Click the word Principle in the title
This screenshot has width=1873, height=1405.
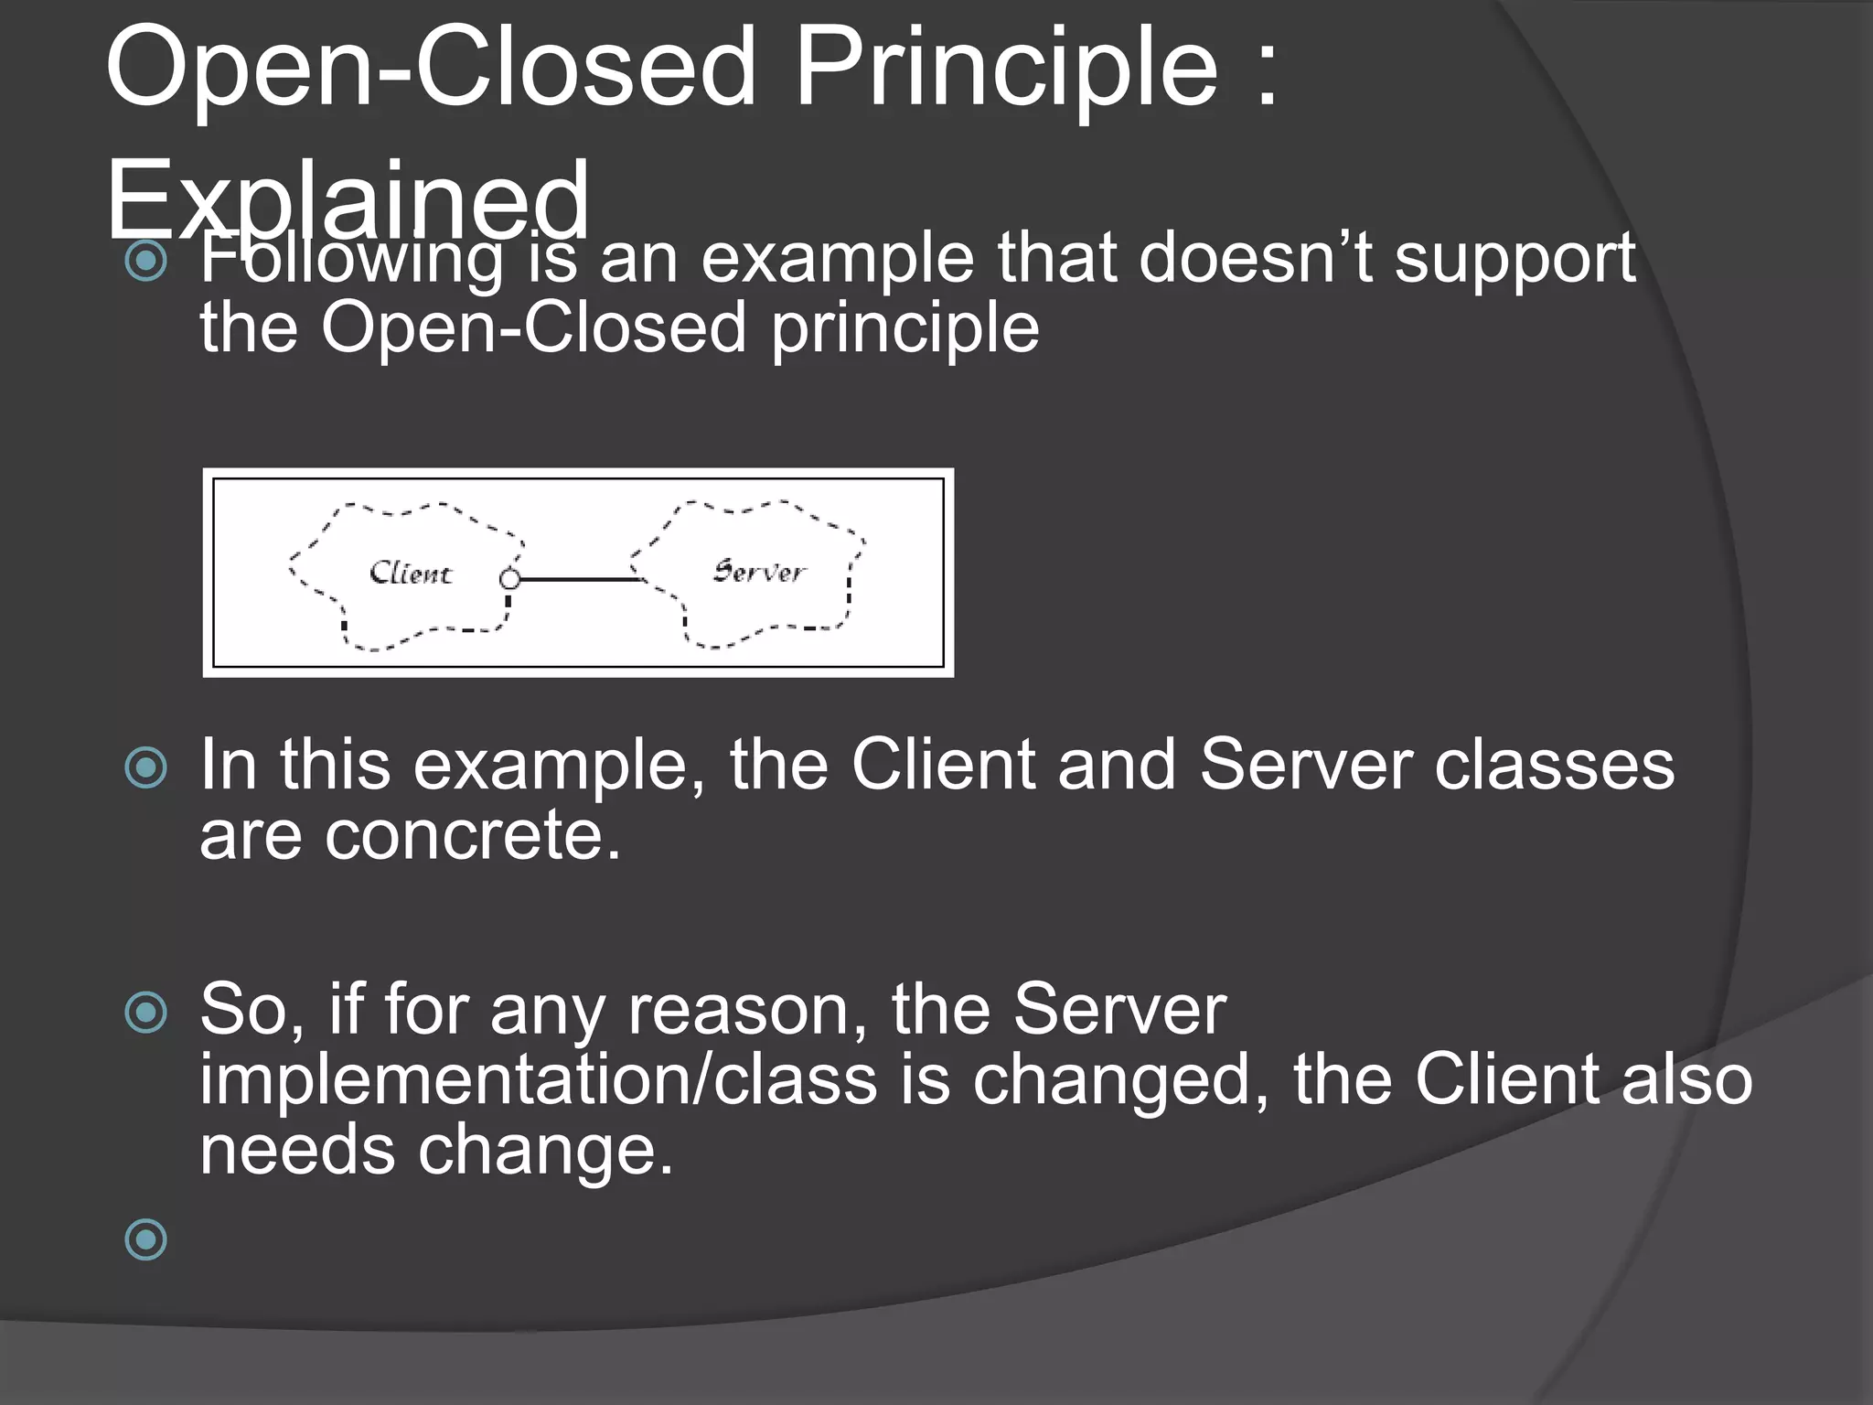click(x=1006, y=69)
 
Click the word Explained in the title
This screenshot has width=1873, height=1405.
click(x=348, y=199)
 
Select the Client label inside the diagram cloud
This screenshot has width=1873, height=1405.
click(x=411, y=574)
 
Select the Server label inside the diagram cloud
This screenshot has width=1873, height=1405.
click(x=759, y=572)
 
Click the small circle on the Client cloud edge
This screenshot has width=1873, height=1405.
click(x=510, y=579)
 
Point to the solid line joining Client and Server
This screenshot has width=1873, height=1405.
click(x=576, y=579)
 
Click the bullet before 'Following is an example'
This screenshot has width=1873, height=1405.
click(x=146, y=262)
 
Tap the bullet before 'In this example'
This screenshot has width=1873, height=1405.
click(x=146, y=767)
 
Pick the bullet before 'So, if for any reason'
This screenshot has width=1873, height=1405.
click(x=146, y=1013)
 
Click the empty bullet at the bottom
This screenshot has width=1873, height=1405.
click(x=146, y=1239)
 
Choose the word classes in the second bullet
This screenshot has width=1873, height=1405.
click(x=1554, y=766)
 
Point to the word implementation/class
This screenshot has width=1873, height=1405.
click(x=538, y=1080)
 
